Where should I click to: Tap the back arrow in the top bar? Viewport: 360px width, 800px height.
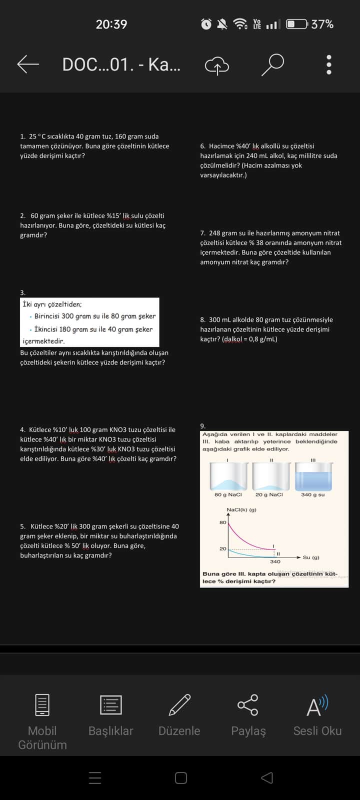(x=28, y=64)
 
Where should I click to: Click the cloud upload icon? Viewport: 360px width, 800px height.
(x=216, y=65)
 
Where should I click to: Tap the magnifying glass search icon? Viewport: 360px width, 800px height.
(x=272, y=64)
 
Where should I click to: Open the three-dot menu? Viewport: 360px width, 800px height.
(x=328, y=64)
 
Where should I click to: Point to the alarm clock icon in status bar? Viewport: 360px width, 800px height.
(x=206, y=24)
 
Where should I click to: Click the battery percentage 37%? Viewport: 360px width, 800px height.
(x=322, y=24)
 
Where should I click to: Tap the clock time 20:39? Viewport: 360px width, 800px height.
(x=111, y=24)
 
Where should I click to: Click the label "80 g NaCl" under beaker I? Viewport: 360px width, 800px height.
(x=228, y=494)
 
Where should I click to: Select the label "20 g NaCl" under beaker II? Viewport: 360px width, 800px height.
(x=269, y=494)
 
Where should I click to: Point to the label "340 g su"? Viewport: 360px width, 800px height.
(x=313, y=494)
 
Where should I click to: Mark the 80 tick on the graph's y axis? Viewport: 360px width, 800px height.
(x=222, y=522)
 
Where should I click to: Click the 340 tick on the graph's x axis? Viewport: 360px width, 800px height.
(x=275, y=561)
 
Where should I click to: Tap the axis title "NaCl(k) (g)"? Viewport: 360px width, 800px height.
(x=241, y=509)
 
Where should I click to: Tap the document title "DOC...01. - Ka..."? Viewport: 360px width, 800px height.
(x=121, y=64)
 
